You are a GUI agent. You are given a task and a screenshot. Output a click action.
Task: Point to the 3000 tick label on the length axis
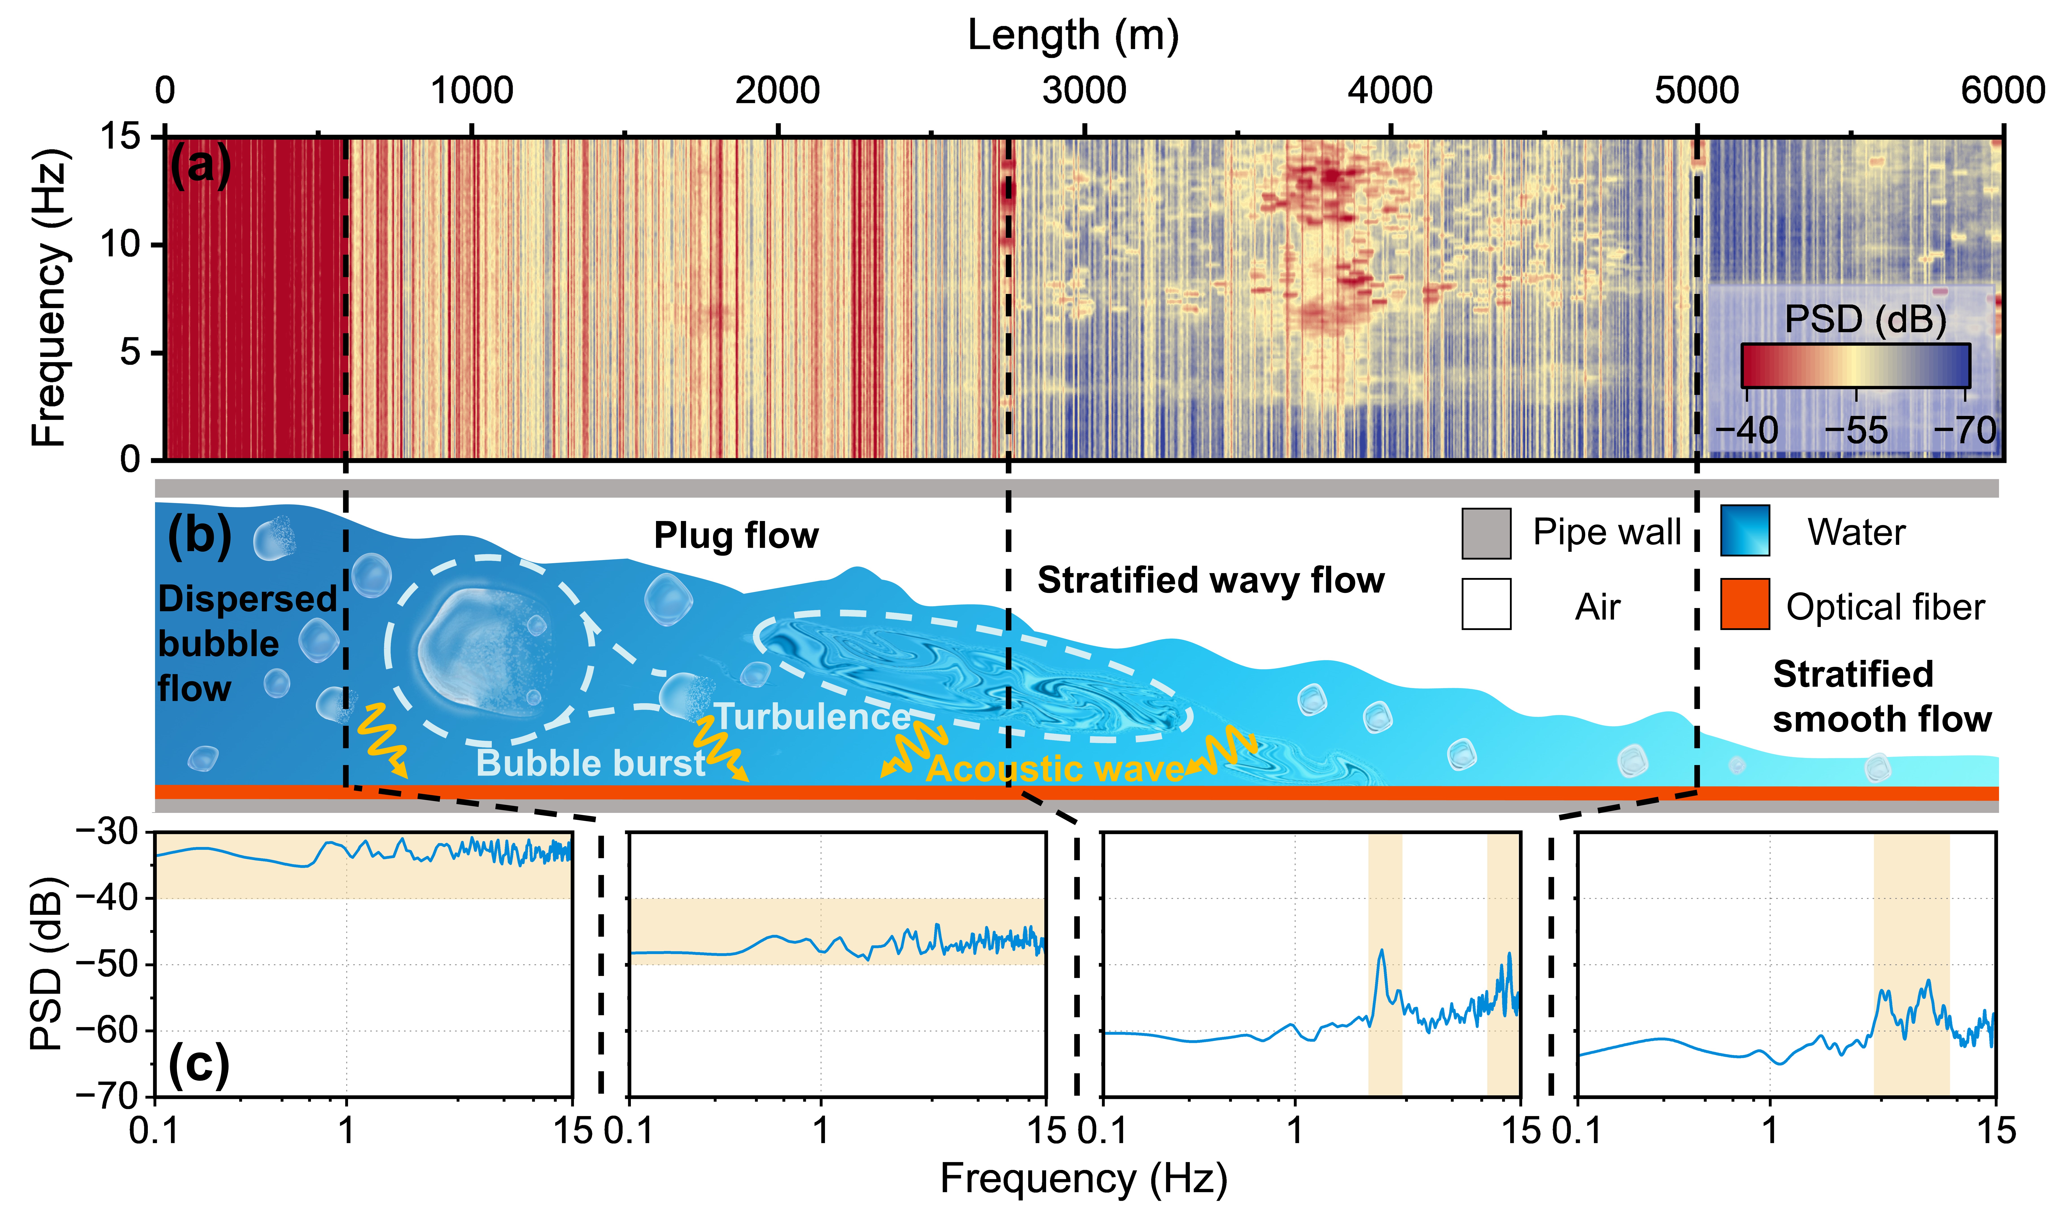[1084, 90]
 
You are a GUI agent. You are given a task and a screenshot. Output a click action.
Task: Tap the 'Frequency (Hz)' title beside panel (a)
[49, 297]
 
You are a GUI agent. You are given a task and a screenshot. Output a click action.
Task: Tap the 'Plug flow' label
[736, 536]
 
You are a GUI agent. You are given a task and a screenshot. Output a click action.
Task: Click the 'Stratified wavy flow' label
[1210, 581]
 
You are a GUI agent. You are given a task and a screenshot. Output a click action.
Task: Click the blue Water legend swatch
[1744, 532]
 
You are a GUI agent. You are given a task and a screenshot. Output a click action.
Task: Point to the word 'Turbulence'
[811, 717]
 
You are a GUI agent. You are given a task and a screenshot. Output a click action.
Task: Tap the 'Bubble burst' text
[591, 763]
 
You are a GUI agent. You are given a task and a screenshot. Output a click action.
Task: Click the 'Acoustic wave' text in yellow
[1055, 769]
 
